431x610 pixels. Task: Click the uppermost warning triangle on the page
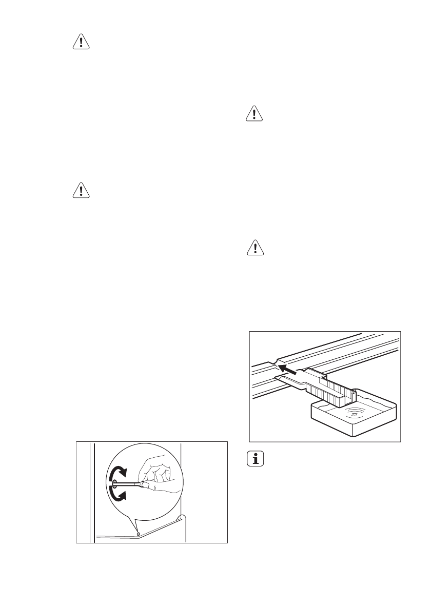click(81, 43)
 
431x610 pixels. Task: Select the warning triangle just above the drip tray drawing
click(255, 248)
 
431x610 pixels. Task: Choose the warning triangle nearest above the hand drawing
click(81, 191)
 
